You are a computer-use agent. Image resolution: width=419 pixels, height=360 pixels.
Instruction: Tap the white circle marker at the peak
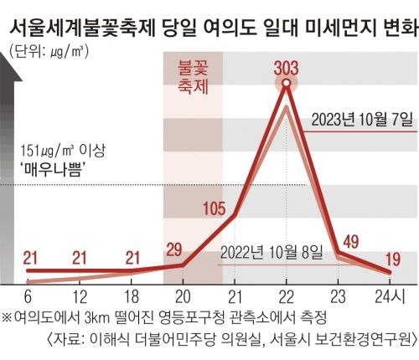point(287,84)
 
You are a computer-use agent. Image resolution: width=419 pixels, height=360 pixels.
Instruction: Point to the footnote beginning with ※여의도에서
point(163,318)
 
